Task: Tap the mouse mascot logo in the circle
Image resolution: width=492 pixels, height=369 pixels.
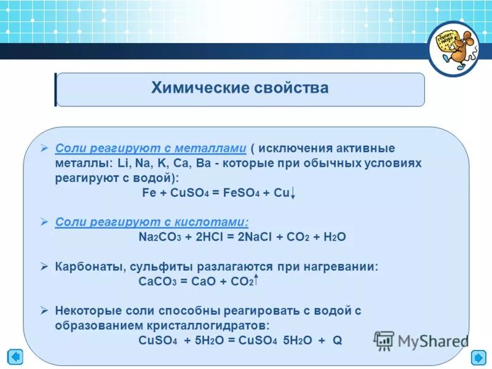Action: (454, 49)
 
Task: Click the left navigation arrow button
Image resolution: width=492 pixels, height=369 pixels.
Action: (15, 357)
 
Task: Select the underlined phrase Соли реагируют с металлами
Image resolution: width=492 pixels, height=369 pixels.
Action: (151, 148)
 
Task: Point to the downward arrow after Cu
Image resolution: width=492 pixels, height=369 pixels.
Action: (294, 193)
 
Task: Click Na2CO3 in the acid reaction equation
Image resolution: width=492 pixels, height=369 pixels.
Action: (159, 236)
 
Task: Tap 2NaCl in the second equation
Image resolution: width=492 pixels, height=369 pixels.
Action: (248, 236)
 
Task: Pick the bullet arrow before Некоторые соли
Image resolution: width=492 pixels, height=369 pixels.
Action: (44, 311)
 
